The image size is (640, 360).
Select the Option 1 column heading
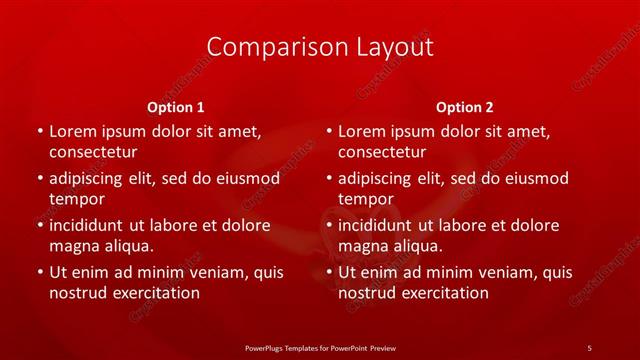pyautogui.click(x=176, y=107)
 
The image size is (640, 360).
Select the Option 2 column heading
pyautogui.click(x=465, y=107)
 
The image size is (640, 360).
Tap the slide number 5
pyautogui.click(x=589, y=347)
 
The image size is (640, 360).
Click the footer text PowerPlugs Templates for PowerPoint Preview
pyautogui.click(x=320, y=347)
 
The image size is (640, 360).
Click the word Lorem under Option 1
pyautogui.click(x=72, y=131)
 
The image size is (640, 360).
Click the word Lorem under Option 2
pyautogui.click(x=362, y=131)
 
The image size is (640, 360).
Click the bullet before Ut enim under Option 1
pyautogui.click(x=38, y=272)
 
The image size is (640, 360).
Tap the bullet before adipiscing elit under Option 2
pyautogui.click(x=328, y=179)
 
